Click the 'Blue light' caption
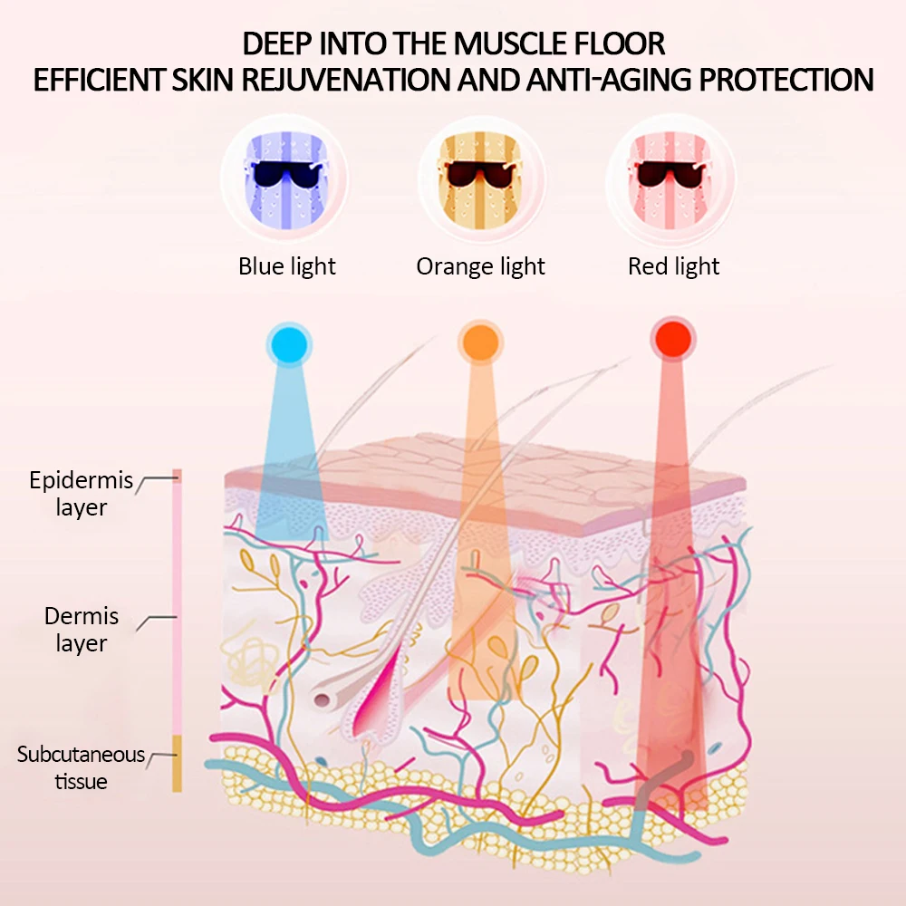tap(286, 266)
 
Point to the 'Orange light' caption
tap(480, 266)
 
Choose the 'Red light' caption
tap(673, 266)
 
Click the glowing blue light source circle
tap(288, 342)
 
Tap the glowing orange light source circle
tap(480, 341)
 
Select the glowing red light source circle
tap(672, 340)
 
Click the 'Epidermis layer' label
tap(81, 494)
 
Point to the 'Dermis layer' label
tap(82, 630)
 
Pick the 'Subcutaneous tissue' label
tap(81, 767)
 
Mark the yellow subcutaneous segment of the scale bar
tap(178, 763)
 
